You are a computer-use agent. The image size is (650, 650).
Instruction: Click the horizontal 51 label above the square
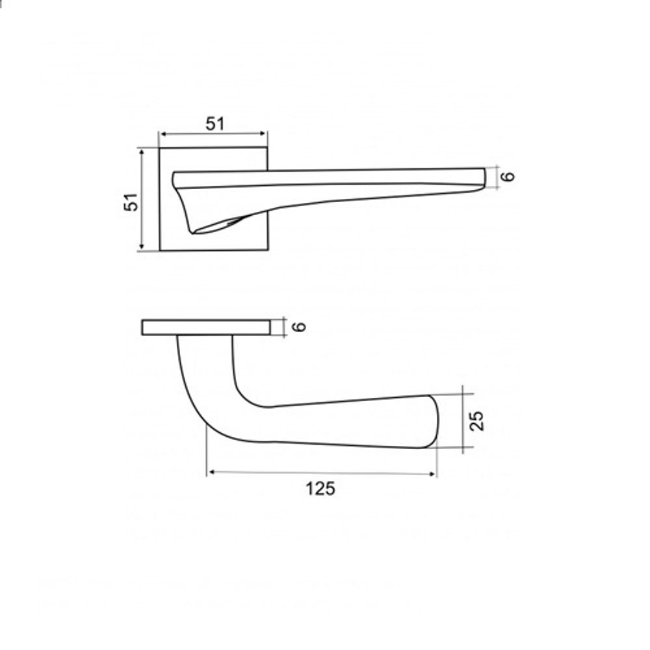point(214,123)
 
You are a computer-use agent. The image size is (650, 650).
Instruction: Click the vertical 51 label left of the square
point(131,202)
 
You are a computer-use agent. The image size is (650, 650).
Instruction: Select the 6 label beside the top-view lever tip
point(508,176)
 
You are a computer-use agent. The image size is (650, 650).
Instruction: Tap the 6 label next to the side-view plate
point(299,327)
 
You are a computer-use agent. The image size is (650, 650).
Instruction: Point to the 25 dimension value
point(476,421)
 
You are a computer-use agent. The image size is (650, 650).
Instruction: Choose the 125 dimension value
point(320,488)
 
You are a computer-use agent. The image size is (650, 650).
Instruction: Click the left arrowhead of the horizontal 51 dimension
point(163,134)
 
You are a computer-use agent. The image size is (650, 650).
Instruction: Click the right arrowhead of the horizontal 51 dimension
point(263,133)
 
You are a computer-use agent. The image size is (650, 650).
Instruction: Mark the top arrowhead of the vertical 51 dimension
point(142,153)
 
